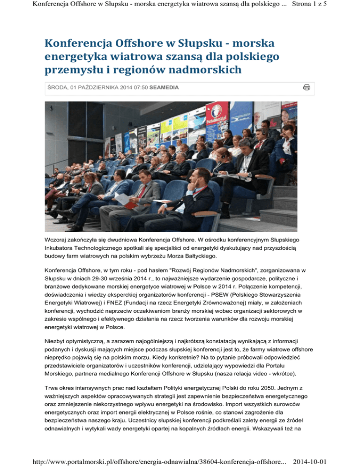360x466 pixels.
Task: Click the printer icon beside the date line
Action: [x=307, y=87]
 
